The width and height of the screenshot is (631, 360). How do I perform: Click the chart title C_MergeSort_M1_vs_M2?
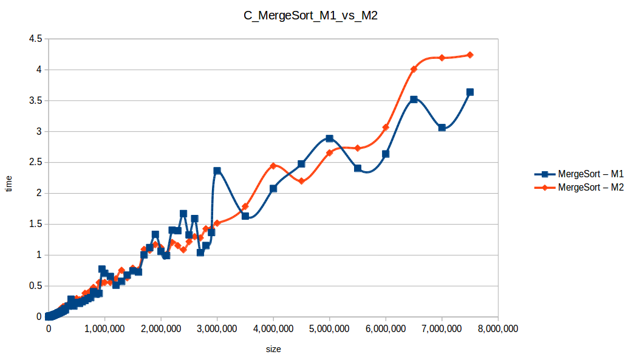coord(315,16)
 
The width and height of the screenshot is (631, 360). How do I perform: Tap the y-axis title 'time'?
coord(9,183)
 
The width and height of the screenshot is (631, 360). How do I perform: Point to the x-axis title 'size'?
coord(273,349)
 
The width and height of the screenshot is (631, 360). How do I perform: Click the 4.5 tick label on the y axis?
coord(35,39)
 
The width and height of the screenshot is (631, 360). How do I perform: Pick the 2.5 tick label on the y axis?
coord(35,162)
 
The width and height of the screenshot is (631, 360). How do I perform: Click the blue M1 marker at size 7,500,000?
coord(469,92)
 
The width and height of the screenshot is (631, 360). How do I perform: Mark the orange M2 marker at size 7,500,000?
coord(469,55)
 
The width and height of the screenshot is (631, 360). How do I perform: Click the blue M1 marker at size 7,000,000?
coord(442,127)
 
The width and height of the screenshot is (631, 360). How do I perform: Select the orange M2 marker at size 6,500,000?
coord(414,69)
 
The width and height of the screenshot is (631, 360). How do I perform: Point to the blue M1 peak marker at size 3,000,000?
coord(217,171)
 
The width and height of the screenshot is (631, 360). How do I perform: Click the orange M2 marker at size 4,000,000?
coord(273,166)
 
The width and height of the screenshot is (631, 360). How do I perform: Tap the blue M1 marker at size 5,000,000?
coord(329,138)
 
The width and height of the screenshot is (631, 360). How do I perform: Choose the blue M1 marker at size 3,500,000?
coord(245,216)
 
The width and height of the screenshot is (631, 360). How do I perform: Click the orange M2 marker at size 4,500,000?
coord(301,181)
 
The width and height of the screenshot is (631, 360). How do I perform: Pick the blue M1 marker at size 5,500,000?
coord(358,168)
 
